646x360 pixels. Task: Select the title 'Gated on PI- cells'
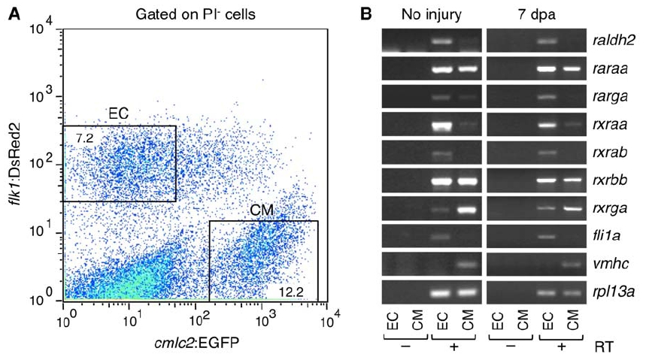tap(196, 14)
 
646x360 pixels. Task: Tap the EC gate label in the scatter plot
tap(117, 113)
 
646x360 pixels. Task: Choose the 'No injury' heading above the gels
tap(431, 14)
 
